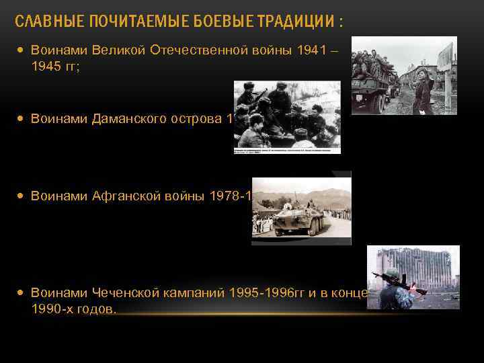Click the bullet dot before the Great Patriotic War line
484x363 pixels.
click(22, 50)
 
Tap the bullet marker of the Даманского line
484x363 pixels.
click(22, 119)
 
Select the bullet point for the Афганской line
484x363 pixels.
click(22, 196)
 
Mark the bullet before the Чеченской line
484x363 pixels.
click(22, 293)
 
